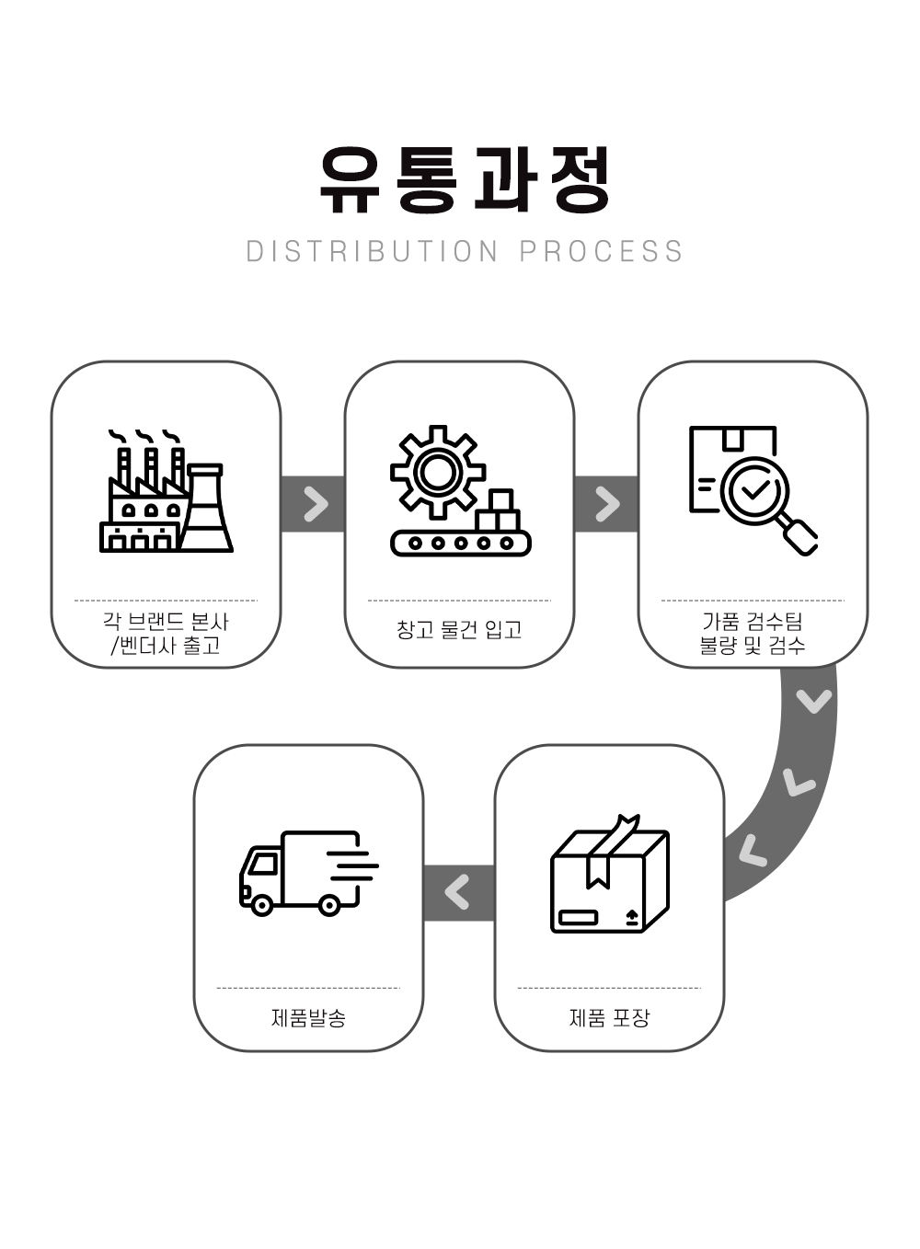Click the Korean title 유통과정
pos(464,179)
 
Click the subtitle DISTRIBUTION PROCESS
pos(464,251)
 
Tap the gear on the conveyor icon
pos(437,472)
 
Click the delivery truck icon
pos(308,873)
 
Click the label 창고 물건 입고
pos(459,630)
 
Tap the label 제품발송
pos(308,1018)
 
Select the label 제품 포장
pos(609,1018)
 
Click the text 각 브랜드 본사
pos(166,622)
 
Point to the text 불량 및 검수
pos(752,646)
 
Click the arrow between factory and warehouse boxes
pos(315,504)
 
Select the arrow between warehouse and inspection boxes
pos(606,504)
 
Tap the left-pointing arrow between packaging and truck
pos(457,891)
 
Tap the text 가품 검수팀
pos(752,622)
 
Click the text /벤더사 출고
pos(166,646)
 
